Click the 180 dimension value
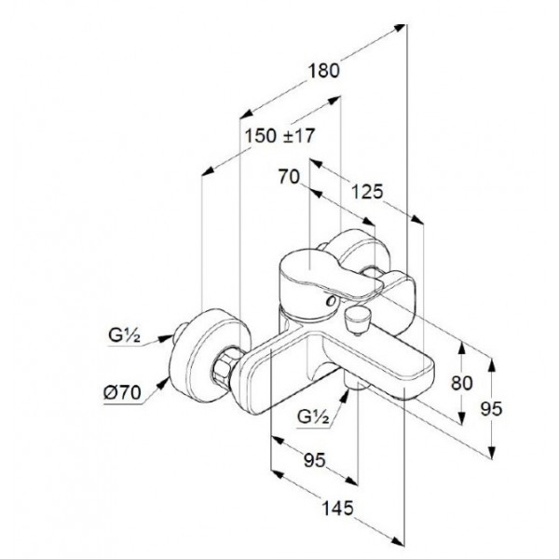coord(323,71)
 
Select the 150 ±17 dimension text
coord(279,136)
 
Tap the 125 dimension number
coord(367,192)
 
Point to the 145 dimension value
coord(337,508)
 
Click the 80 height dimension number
coord(462,383)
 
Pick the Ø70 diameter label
coord(122,393)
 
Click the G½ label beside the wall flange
coord(125,335)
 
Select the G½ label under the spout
coord(313,416)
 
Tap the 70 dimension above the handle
coord(289,176)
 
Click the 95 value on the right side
coord(491,409)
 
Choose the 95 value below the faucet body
coord(315,460)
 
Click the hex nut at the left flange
coord(224,367)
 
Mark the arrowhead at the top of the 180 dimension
coord(399,28)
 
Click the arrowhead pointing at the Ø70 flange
coord(164,384)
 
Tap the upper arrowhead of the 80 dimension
coord(461,348)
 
